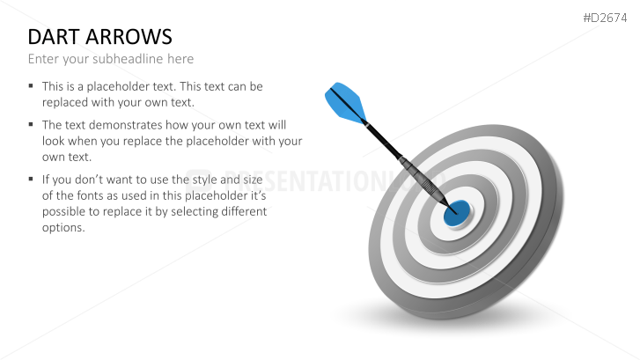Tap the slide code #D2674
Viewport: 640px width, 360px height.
tap(605, 18)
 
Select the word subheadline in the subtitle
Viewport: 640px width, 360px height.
tap(128, 59)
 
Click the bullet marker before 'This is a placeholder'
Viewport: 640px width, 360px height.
tap(31, 85)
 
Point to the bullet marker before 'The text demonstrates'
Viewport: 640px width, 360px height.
tap(31, 124)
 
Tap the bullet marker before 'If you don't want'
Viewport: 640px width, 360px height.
tap(31, 179)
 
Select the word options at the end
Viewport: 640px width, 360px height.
tap(63, 228)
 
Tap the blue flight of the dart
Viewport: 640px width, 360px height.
tap(345, 102)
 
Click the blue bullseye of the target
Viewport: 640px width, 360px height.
tap(457, 213)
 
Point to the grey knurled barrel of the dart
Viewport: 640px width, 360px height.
tap(424, 181)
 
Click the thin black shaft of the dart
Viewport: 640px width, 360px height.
tap(383, 140)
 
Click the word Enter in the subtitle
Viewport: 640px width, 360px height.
tap(43, 59)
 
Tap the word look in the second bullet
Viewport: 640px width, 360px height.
tap(54, 141)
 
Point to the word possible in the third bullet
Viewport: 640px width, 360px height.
tap(63, 212)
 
